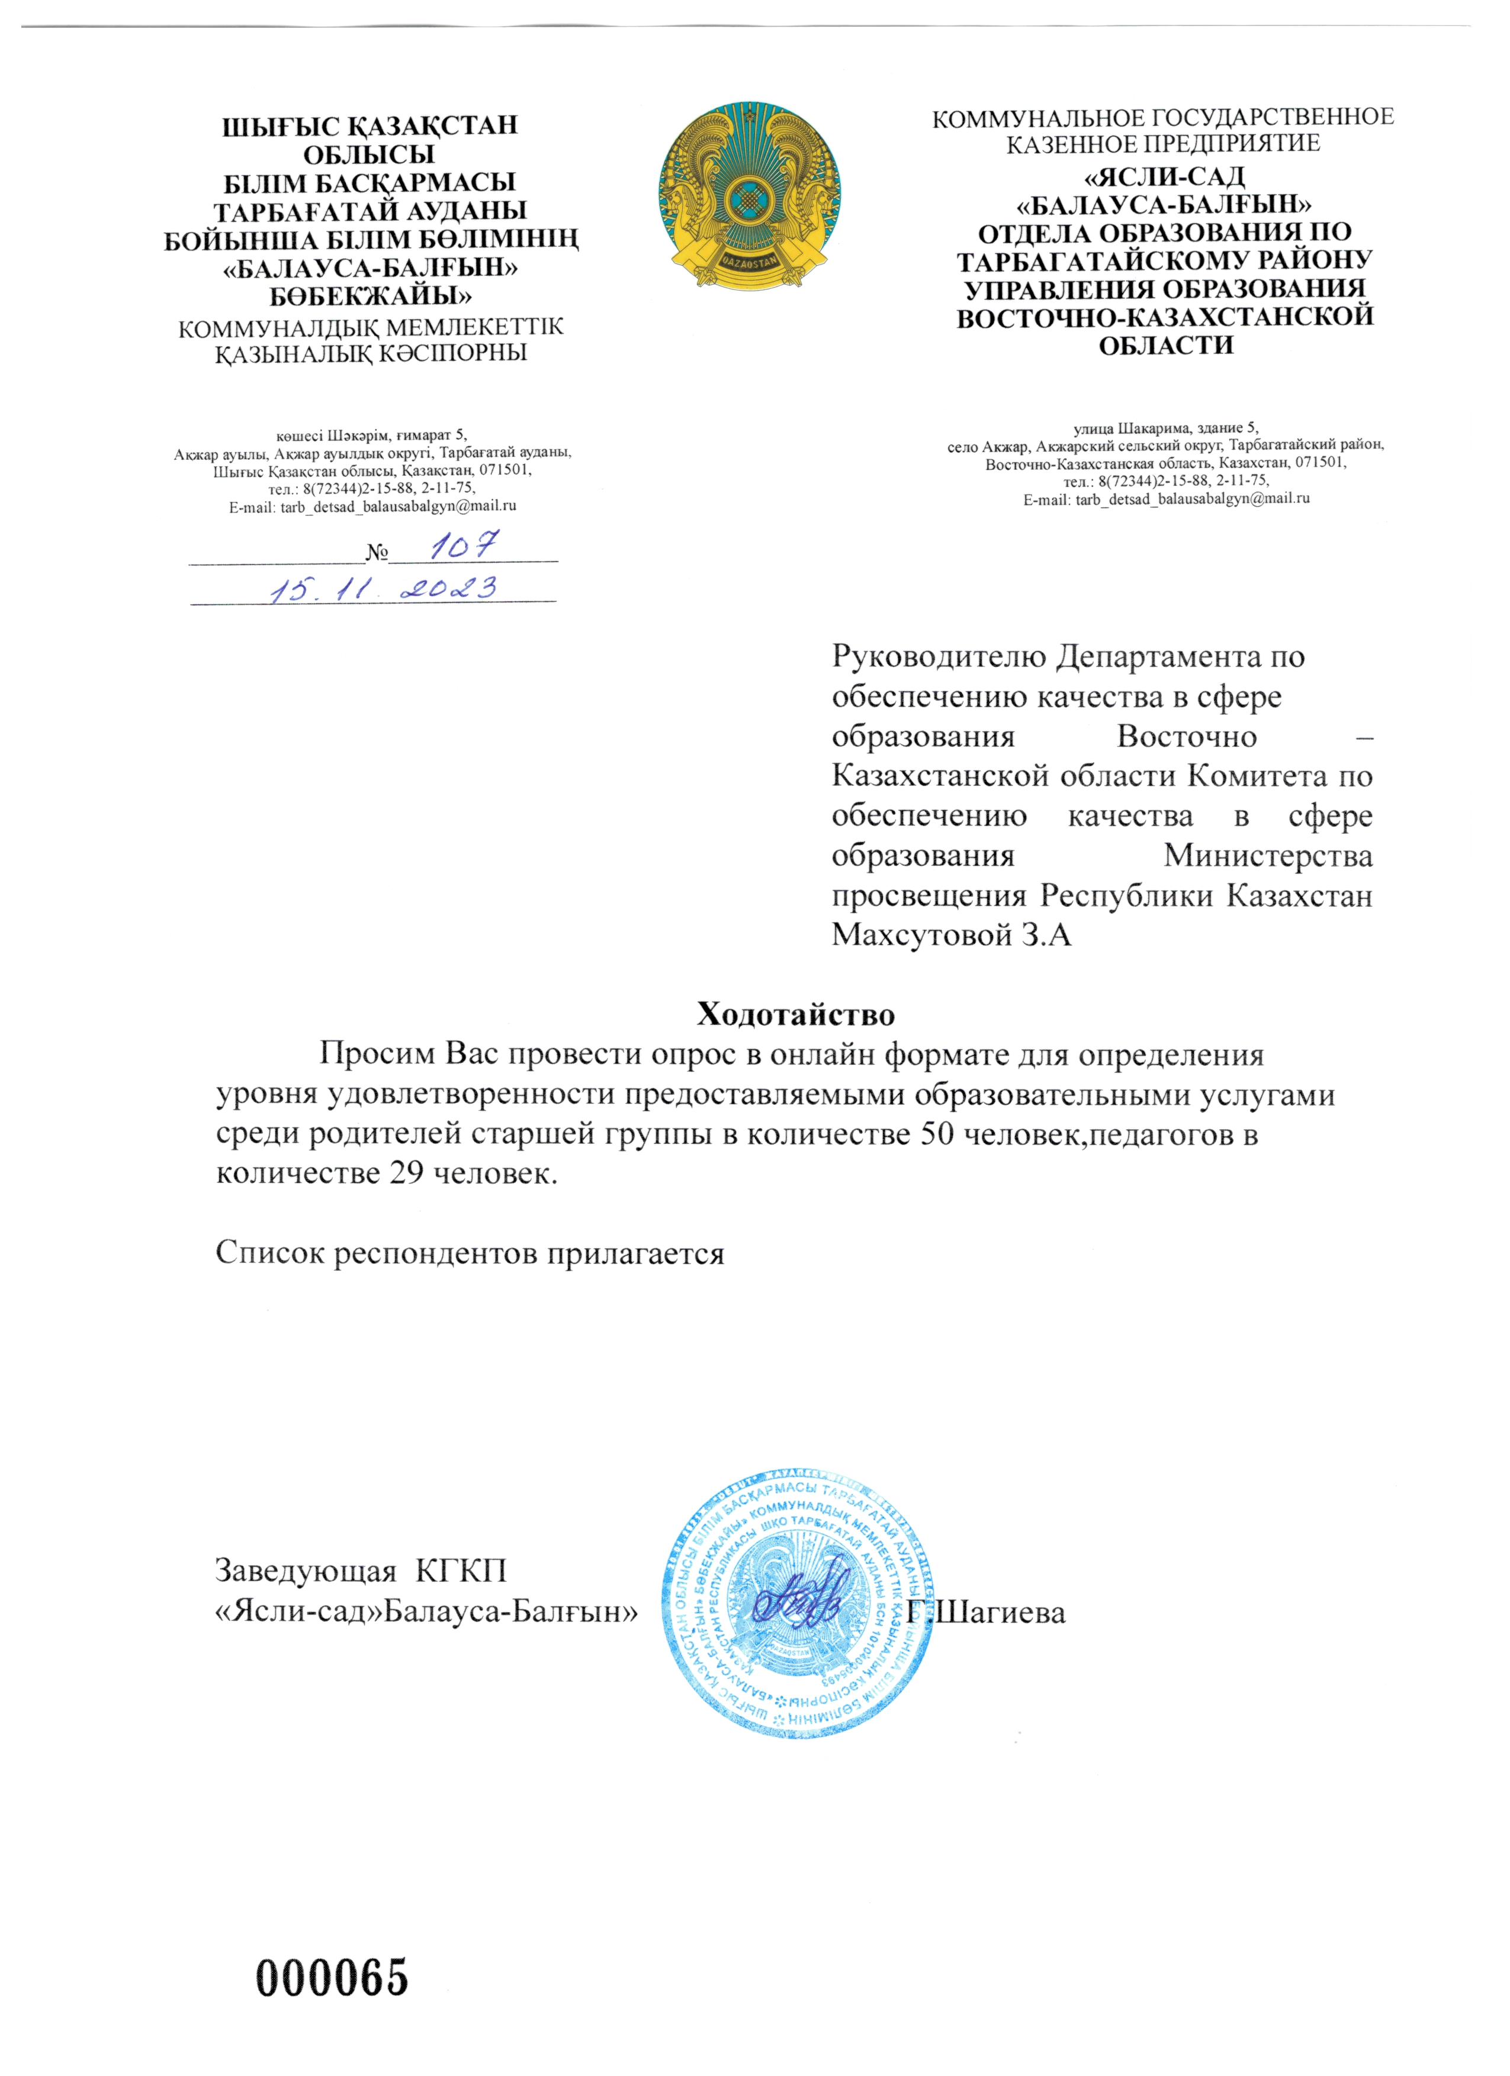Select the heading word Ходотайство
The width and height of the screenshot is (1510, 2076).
tap(796, 1014)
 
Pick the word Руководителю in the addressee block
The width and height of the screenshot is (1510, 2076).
tap(939, 656)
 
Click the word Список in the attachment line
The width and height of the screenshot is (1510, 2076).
tap(269, 1253)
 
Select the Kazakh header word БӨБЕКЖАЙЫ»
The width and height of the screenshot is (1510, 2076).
tap(371, 296)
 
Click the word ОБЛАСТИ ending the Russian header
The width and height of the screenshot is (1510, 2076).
tap(1165, 345)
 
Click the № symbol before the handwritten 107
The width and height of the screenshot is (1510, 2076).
tap(377, 553)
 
